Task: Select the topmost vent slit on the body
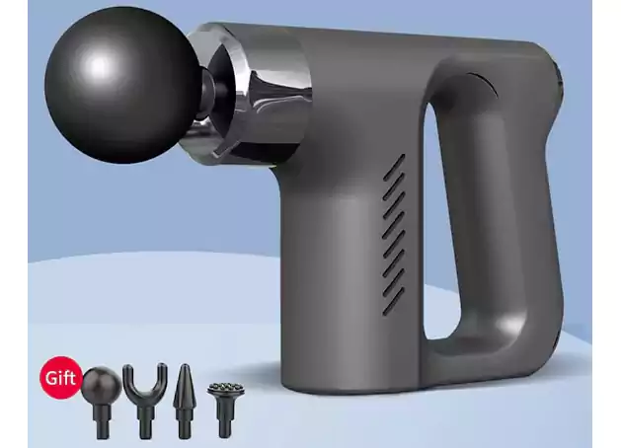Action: (x=395, y=161)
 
